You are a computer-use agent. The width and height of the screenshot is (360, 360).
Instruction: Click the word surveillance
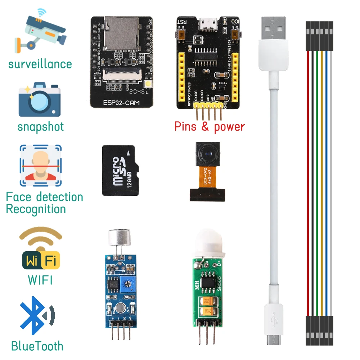point(40,64)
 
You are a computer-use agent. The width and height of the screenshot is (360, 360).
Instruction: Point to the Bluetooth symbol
point(36,316)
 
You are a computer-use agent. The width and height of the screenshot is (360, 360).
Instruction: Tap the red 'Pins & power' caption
point(210,127)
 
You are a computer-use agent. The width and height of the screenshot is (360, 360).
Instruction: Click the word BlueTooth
point(37,346)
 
